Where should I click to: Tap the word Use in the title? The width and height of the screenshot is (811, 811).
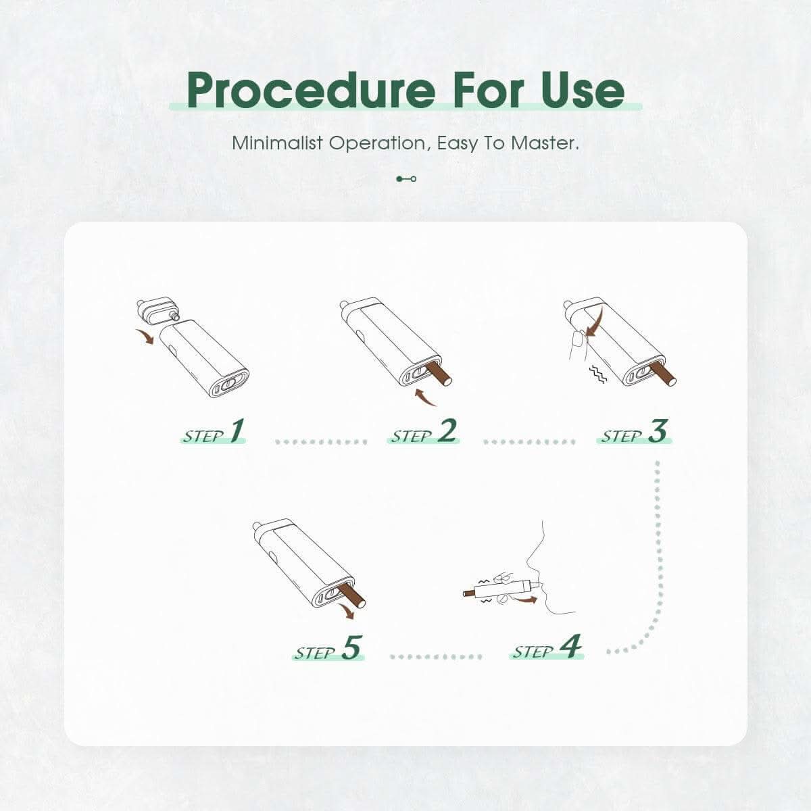[583, 90]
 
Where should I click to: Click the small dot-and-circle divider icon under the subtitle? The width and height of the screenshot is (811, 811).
[406, 179]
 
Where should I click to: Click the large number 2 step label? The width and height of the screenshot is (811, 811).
[447, 431]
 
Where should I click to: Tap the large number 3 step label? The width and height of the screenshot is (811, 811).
[658, 431]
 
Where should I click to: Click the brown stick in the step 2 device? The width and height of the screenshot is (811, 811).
[439, 374]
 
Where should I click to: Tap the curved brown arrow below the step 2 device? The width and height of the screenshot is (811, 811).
[425, 397]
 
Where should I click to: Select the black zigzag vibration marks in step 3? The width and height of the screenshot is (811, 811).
[598, 374]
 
